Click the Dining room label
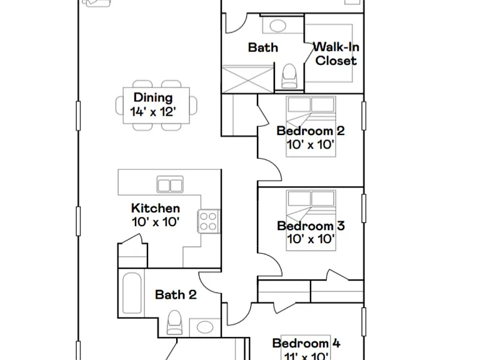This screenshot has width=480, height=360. (x=153, y=97)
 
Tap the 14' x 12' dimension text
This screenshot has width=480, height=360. (x=153, y=112)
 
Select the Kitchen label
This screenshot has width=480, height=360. (x=156, y=208)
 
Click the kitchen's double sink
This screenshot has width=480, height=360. (x=170, y=184)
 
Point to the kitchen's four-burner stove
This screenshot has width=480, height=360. (x=209, y=221)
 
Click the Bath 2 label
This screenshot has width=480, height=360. (x=176, y=295)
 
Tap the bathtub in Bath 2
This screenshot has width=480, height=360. (x=132, y=293)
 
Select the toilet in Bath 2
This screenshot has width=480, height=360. (x=174, y=322)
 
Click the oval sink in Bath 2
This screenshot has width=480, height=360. (x=205, y=327)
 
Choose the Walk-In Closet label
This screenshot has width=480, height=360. (x=336, y=54)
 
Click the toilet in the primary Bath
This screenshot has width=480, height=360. (x=289, y=76)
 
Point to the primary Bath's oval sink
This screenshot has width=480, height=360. (x=278, y=26)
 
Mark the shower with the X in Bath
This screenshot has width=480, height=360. (x=247, y=79)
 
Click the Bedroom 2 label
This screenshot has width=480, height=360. (x=311, y=131)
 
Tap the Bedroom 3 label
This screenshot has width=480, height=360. (x=311, y=226)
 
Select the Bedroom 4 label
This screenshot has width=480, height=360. (x=306, y=343)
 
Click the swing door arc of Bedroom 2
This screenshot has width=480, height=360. (x=276, y=165)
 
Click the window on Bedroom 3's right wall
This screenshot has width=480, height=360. (x=364, y=208)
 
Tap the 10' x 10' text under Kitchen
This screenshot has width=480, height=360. (x=156, y=222)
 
